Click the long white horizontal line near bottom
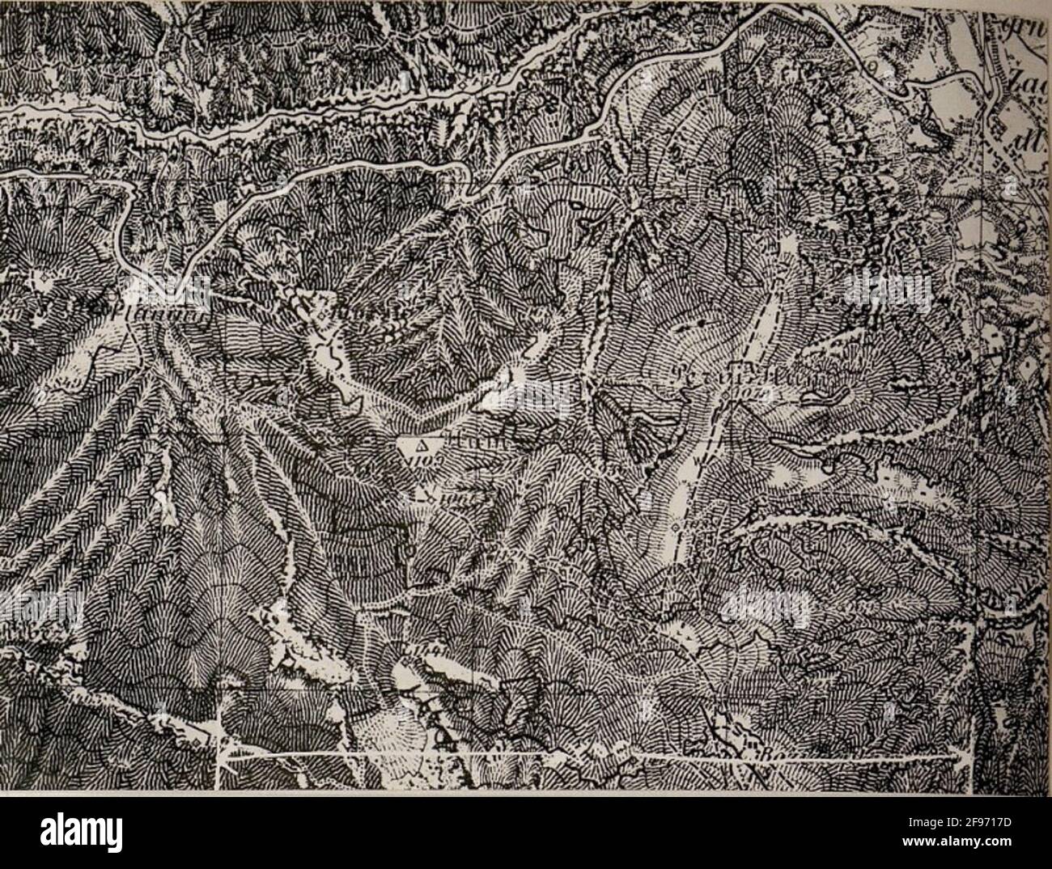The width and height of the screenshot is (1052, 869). point(591,757)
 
